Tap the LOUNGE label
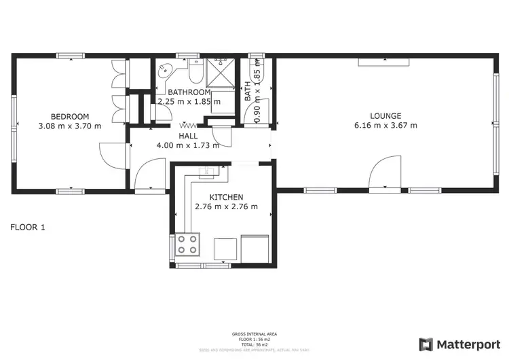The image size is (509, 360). (385, 115)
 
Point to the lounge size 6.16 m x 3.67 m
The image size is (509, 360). (385, 126)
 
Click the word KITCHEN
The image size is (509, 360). (226, 197)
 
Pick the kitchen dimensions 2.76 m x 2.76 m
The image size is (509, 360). (226, 207)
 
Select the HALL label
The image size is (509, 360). (188, 136)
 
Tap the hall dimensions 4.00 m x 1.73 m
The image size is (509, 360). (188, 145)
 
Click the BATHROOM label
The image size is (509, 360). (189, 92)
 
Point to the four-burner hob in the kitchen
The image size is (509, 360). (188, 244)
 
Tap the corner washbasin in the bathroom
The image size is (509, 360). (165, 70)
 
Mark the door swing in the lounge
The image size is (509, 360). (385, 171)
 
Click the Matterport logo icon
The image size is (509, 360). (426, 344)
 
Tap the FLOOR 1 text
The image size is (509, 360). (28, 228)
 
